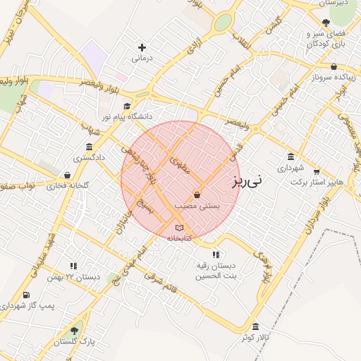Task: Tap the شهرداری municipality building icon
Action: pyautogui.click(x=290, y=157)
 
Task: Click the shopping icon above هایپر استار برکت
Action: pyautogui.click(x=317, y=170)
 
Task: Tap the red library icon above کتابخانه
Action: pyautogui.click(x=179, y=227)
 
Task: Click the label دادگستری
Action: pyautogui.click(x=91, y=158)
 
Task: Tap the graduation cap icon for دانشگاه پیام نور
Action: pyautogui.click(x=127, y=106)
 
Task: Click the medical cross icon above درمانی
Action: pyautogui.click(x=142, y=47)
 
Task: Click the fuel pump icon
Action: pyautogui.click(x=26, y=295)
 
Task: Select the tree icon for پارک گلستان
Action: pyautogui.click(x=74, y=330)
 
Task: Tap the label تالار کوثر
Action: pyautogui.click(x=255, y=338)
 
